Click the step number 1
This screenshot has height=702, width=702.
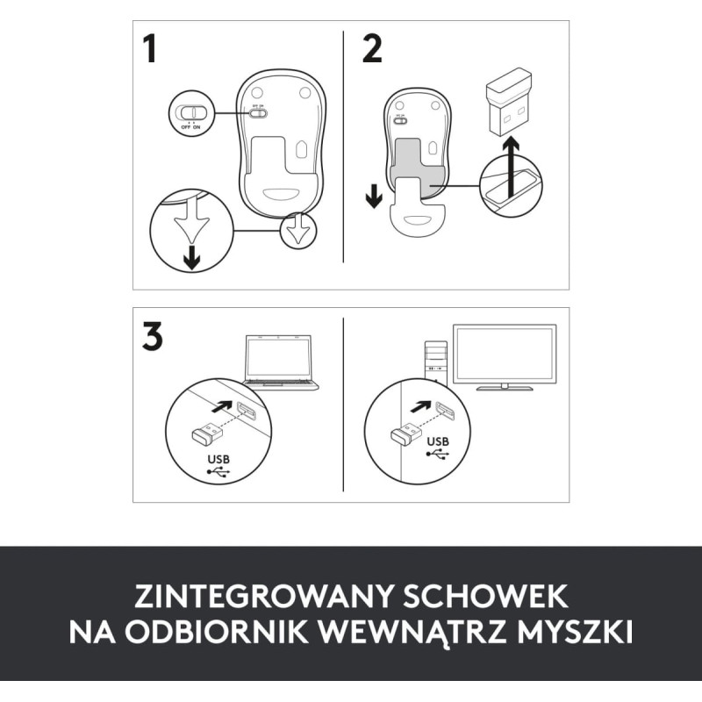tap(150, 49)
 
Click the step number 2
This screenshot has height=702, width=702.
tap(372, 49)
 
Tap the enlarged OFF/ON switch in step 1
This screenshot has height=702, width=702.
tap(190, 113)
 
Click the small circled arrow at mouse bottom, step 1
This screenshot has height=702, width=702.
tap(298, 231)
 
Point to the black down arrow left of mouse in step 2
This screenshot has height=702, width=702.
tap(374, 196)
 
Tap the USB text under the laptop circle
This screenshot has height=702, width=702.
tap(218, 459)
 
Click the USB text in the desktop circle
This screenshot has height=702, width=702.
tap(439, 441)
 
